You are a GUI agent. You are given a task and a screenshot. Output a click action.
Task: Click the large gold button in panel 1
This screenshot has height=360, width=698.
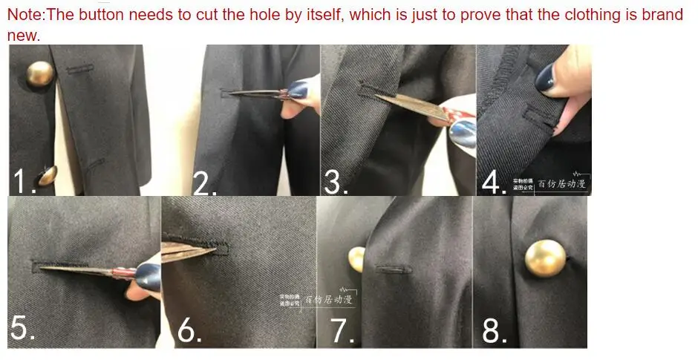coord(40,74)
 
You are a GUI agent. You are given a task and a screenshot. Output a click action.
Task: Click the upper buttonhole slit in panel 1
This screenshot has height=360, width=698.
coord(79,70)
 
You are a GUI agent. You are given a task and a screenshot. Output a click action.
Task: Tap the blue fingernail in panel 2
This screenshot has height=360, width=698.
coord(298,91)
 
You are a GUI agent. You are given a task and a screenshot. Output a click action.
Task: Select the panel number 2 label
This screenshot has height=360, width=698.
coord(205,183)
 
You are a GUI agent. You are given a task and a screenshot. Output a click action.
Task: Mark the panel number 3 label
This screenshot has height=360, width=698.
coord(336,183)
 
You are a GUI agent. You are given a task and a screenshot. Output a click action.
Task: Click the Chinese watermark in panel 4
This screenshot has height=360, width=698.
coord(550,183)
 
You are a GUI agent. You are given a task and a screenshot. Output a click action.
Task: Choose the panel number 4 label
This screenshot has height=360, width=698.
coord(493,183)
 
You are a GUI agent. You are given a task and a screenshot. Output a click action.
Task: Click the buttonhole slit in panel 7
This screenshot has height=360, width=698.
coord(389,267)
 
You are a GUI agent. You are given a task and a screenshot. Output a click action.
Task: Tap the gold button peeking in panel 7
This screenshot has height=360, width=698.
coord(358,258)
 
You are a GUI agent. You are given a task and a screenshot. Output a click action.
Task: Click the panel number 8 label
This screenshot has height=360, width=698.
coord(494,331)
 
